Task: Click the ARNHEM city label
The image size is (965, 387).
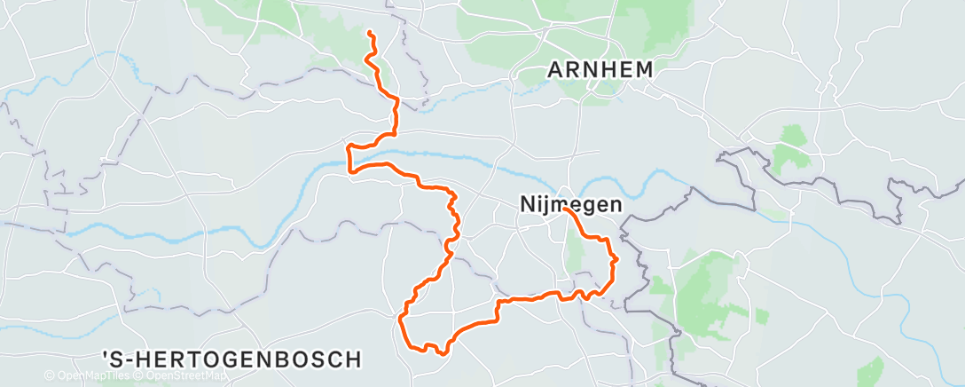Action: coord(600,69)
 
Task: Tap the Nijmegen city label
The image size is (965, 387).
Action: coord(569,205)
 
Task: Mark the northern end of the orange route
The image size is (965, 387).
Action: coord(369,33)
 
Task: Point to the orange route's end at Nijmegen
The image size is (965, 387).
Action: coord(564,209)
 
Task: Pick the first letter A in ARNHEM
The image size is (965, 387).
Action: coord(555,69)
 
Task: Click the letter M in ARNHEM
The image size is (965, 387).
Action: coord(645,69)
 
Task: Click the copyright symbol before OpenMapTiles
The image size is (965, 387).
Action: coord(50,376)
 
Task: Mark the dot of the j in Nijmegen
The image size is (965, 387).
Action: coord(545,198)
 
